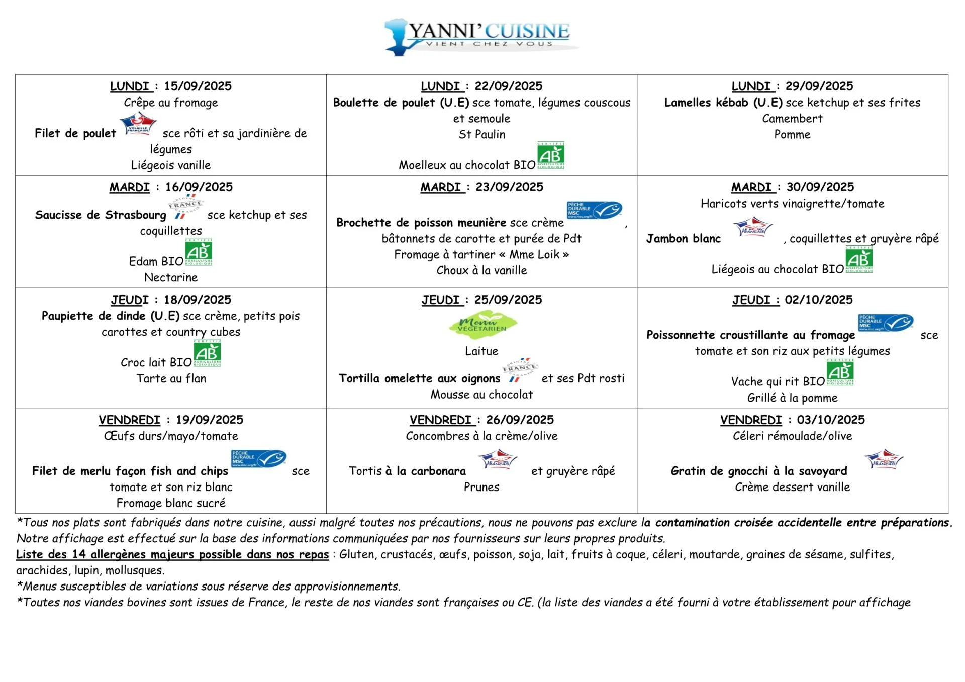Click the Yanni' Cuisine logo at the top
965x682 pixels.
(x=481, y=36)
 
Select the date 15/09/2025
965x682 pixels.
(x=198, y=86)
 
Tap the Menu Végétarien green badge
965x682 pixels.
(x=482, y=325)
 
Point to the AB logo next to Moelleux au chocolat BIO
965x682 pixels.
(x=551, y=155)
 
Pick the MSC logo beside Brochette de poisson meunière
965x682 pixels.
(x=594, y=210)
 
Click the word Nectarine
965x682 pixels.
(x=171, y=277)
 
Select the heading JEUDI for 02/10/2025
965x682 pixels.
(x=751, y=300)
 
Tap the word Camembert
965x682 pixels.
(x=792, y=119)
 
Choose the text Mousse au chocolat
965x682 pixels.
(x=481, y=395)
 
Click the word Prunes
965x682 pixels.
(x=481, y=487)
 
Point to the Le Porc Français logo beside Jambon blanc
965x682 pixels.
(x=752, y=228)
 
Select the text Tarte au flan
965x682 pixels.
(x=171, y=378)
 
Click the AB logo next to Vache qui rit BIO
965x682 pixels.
(x=840, y=372)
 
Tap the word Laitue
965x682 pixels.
(x=481, y=351)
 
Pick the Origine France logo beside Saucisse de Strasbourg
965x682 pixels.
(x=185, y=207)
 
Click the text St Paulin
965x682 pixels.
(x=481, y=135)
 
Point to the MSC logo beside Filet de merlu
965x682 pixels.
(x=258, y=459)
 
